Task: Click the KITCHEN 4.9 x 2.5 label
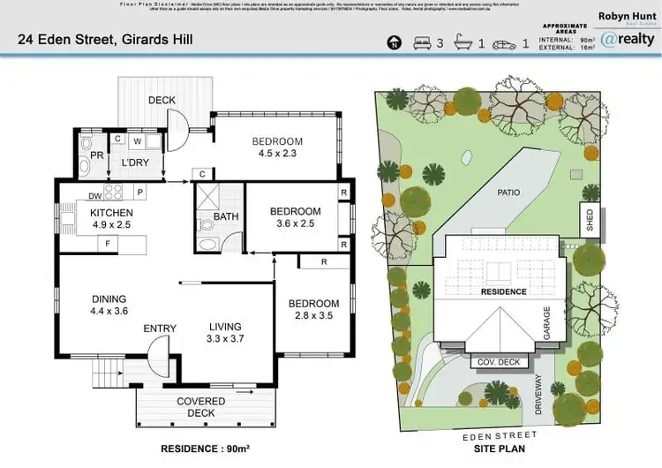[111, 219]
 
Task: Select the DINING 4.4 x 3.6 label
[109, 305]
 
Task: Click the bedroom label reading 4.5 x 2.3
[277, 147]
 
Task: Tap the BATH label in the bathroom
[226, 216]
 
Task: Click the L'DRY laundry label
[135, 163]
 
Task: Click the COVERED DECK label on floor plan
[201, 407]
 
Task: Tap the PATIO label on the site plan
[508, 192]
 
